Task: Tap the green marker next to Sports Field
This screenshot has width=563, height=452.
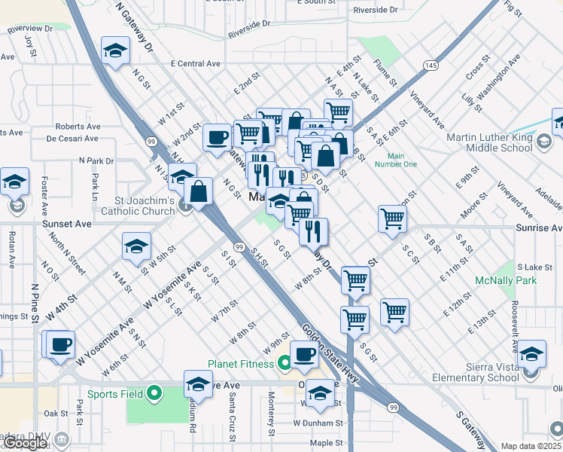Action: [x=154, y=392]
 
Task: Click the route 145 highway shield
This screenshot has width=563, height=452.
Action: [x=430, y=67]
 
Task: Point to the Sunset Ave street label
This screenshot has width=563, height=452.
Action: [x=71, y=224]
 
